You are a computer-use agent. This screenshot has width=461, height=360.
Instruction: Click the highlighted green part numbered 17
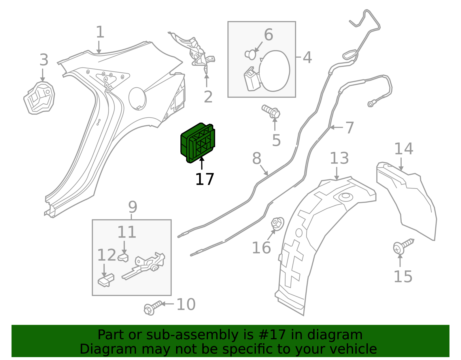(198, 143)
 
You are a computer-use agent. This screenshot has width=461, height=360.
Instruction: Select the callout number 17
(204, 179)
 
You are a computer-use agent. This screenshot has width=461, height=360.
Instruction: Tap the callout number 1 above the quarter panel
(100, 32)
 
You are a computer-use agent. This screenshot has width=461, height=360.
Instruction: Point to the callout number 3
(44, 60)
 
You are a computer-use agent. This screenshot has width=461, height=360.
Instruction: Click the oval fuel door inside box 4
(274, 71)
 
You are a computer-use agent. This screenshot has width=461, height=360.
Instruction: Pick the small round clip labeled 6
(251, 54)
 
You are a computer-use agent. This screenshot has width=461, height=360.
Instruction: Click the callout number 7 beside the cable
(349, 127)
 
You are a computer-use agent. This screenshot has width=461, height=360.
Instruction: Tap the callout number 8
(256, 159)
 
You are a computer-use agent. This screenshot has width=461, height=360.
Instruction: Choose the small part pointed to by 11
(123, 257)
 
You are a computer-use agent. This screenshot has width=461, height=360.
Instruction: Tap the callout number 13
(339, 158)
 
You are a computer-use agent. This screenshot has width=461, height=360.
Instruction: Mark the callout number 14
(403, 149)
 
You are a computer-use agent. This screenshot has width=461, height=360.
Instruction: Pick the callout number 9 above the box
(133, 207)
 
